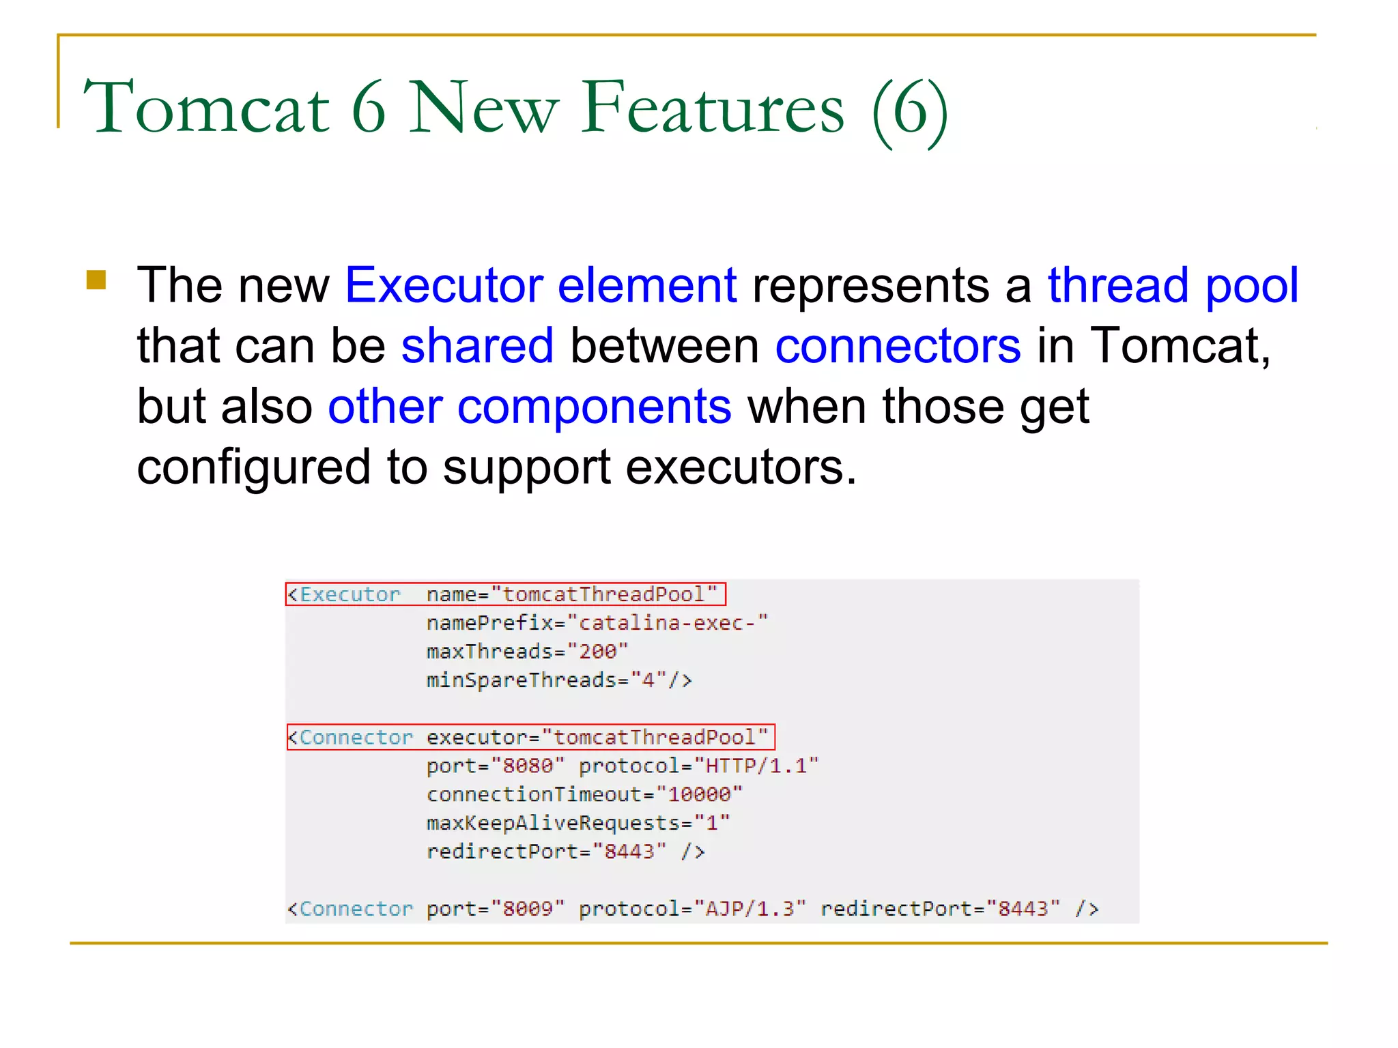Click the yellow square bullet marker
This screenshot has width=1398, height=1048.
coord(96,280)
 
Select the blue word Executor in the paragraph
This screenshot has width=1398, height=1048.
coord(444,285)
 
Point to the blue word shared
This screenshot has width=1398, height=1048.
coord(477,346)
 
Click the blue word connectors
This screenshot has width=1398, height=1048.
coord(898,346)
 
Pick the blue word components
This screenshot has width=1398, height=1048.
coord(594,407)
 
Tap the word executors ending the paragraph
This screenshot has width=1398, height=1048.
coord(741,467)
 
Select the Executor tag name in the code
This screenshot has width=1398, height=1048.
coord(349,595)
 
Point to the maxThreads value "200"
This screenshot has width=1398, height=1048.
coord(597,652)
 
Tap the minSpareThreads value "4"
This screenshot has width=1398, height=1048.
coord(648,680)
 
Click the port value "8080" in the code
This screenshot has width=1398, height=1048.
coord(528,766)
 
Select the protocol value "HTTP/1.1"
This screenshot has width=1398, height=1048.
coord(756,766)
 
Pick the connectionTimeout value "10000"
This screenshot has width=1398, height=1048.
coord(699,795)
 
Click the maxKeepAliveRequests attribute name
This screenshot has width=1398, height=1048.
coord(554,824)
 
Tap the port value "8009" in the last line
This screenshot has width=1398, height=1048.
coord(528,909)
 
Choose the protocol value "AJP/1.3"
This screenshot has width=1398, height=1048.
coord(750,909)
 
